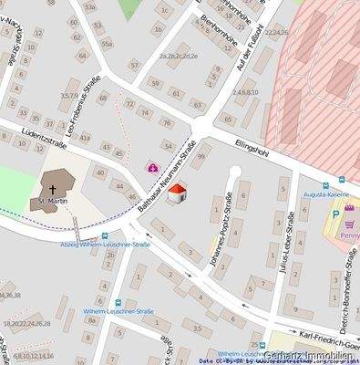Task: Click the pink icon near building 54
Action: click(x=151, y=168)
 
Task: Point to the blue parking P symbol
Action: click(x=335, y=215)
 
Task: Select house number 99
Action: click(x=201, y=157)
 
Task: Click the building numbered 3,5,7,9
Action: click(x=68, y=95)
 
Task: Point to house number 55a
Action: click(x=107, y=44)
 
